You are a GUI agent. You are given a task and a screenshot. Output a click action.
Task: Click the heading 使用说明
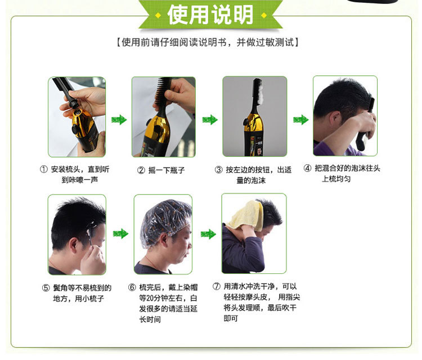211,15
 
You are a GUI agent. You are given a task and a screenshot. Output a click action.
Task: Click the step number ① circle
43,169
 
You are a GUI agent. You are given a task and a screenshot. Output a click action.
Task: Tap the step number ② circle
141,170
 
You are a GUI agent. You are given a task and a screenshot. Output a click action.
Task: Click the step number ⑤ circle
46,288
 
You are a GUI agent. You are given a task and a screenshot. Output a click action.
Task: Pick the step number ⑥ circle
132,287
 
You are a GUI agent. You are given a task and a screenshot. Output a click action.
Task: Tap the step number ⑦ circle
216,286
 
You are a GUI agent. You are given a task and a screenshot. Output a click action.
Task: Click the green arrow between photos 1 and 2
119,119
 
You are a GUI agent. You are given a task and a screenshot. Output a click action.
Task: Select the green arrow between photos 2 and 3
209,119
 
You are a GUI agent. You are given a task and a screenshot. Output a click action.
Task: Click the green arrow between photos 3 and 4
300,119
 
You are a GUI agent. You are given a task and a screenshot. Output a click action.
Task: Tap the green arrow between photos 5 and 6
120,233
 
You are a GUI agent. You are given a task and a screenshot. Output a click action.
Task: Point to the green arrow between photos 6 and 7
208,233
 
